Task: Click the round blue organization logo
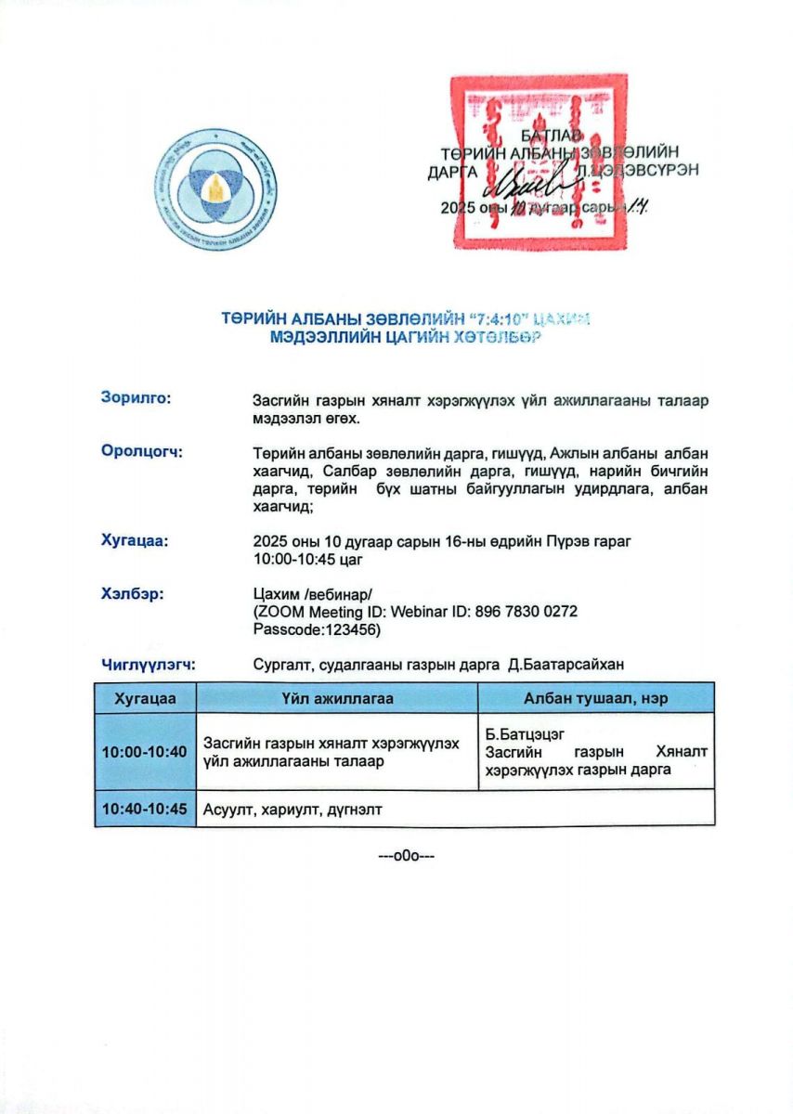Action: pyautogui.click(x=215, y=193)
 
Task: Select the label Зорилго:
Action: pyautogui.click(x=136, y=398)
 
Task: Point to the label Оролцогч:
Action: pyautogui.click(x=141, y=452)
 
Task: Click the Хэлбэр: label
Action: pyautogui.click(x=133, y=593)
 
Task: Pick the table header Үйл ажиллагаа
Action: pyautogui.click(x=337, y=698)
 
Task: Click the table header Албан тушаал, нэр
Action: pyautogui.click(x=595, y=698)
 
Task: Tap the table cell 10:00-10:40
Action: pyautogui.click(x=145, y=751)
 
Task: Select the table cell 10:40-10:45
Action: pyautogui.click(x=145, y=809)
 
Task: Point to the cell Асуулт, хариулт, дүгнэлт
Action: pyautogui.click(x=292, y=810)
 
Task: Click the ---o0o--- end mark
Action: pyautogui.click(x=407, y=855)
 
